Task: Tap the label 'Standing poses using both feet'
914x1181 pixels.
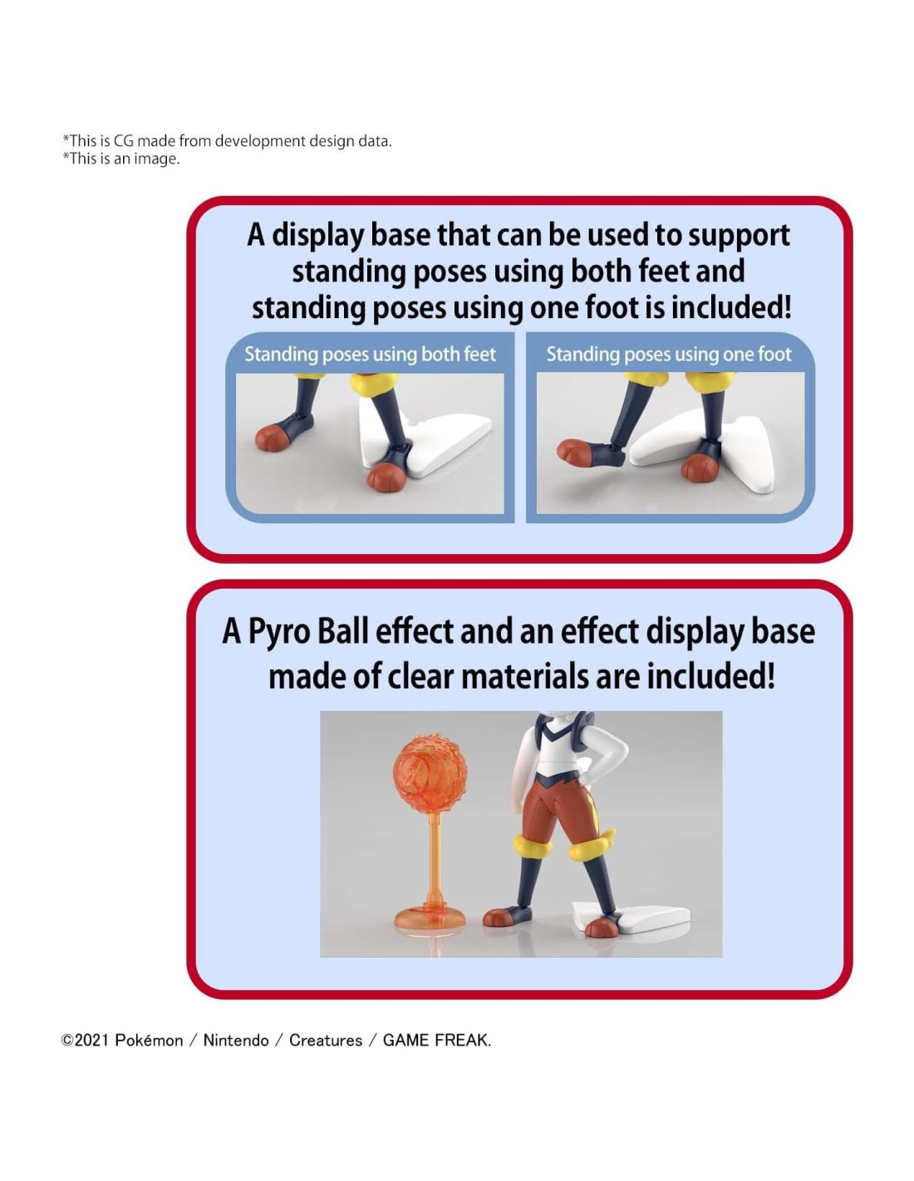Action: [370, 355]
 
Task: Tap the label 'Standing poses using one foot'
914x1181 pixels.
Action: [669, 355]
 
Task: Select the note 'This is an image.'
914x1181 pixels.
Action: [121, 159]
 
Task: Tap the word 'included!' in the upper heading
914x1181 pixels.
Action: [731, 308]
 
